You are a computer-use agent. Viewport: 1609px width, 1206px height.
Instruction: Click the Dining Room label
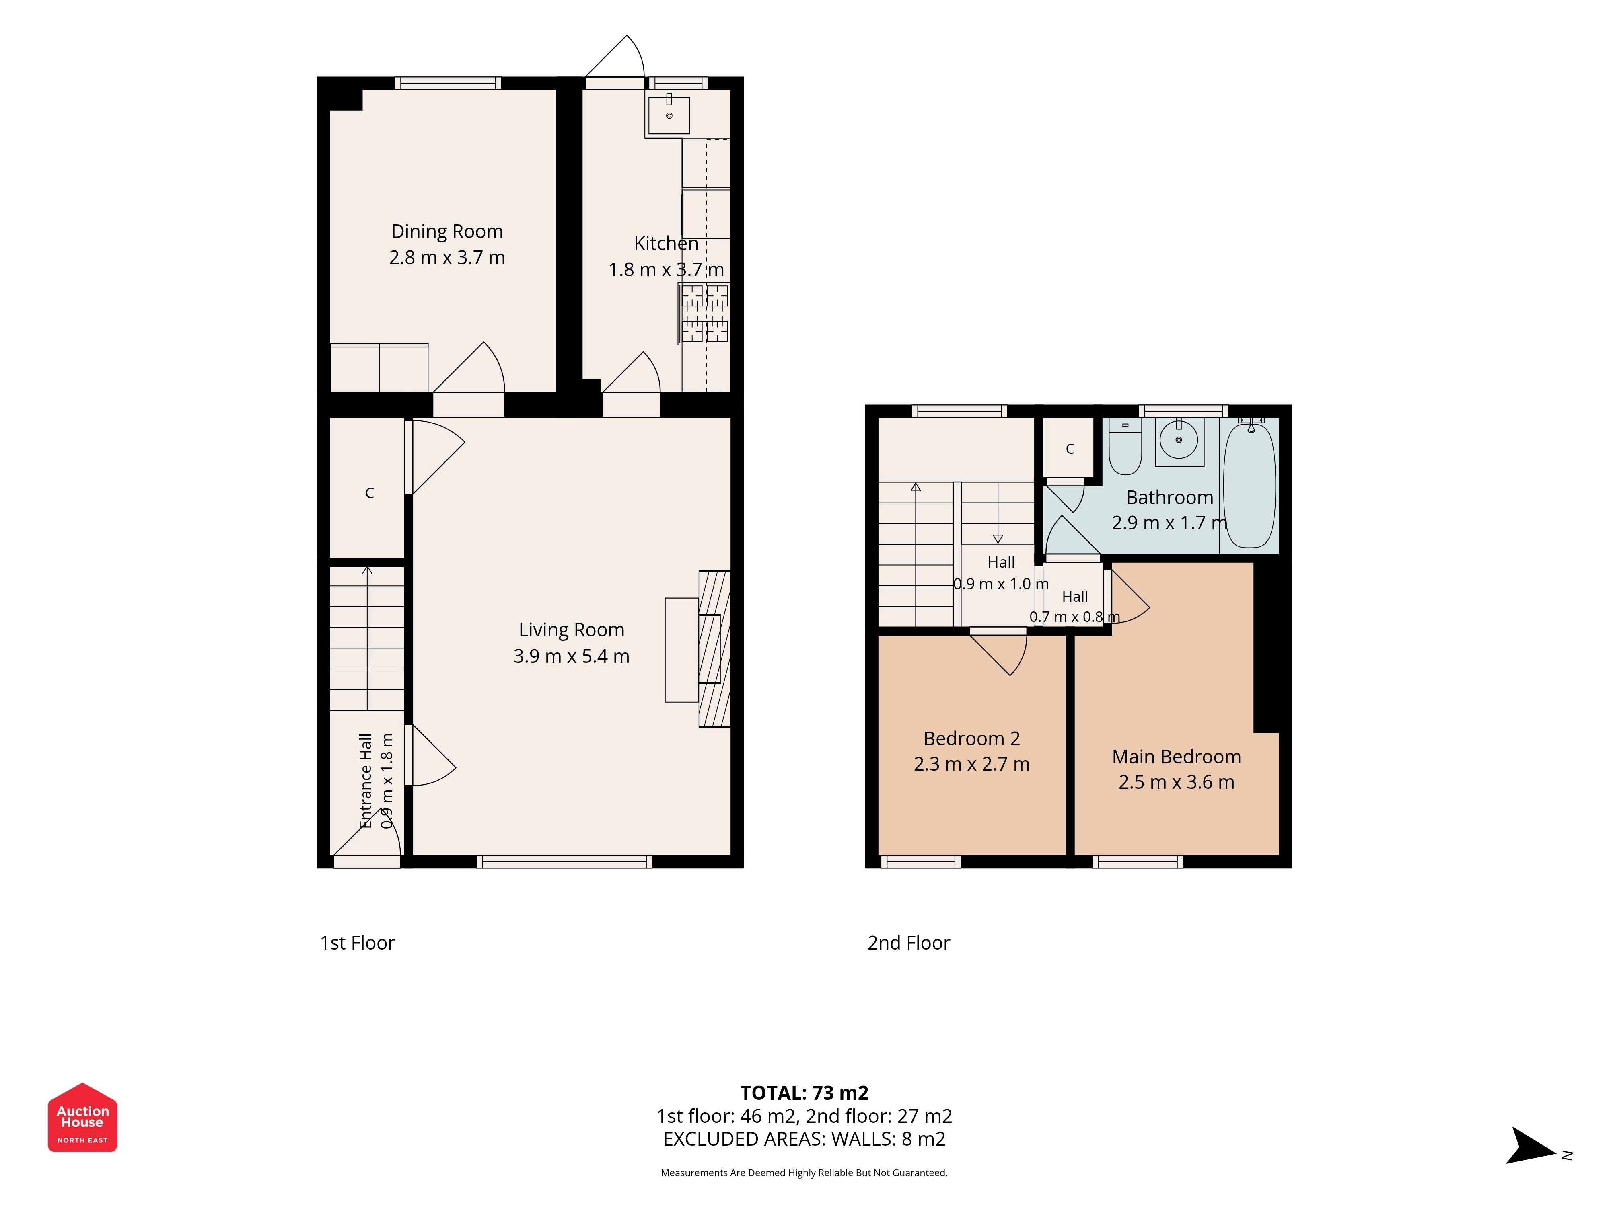click(446, 231)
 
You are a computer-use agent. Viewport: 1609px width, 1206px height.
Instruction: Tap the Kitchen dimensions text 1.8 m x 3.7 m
click(666, 270)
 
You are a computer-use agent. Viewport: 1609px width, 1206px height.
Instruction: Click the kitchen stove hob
click(704, 313)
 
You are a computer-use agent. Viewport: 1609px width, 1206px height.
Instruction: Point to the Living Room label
click(571, 630)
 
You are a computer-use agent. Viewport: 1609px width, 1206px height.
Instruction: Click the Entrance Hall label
click(366, 780)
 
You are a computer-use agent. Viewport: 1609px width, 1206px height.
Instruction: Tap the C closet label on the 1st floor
click(370, 493)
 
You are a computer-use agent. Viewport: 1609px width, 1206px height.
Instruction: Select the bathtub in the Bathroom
click(1250, 485)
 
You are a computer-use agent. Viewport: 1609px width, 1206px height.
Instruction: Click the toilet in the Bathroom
click(1125, 446)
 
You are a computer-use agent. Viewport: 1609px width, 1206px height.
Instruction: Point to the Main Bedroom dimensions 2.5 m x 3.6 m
click(1176, 782)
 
